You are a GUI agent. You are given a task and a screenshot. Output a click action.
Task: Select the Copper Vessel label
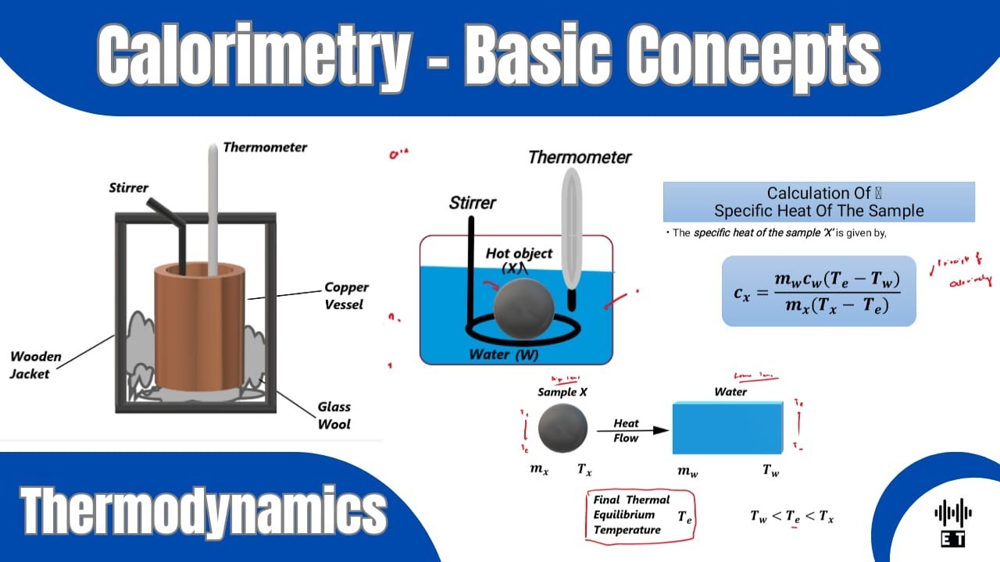(346, 296)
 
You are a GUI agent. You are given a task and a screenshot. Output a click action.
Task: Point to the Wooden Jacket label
(35, 365)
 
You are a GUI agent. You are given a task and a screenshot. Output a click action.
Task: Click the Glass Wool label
(334, 415)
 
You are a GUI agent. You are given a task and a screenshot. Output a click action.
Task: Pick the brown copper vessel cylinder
(200, 328)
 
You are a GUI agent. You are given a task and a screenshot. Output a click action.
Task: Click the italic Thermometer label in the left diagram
(265, 147)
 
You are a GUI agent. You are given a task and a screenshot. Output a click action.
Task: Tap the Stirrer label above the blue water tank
(472, 203)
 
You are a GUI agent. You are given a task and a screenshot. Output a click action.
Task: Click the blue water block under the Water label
(727, 428)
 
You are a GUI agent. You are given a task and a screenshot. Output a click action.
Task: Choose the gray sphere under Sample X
(562, 429)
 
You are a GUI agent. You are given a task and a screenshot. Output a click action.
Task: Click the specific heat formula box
(818, 291)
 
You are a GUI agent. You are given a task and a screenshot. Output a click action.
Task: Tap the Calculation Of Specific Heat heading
(818, 202)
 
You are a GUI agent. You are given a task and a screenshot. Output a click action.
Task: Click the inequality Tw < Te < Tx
(791, 516)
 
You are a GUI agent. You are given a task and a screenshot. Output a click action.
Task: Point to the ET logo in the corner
(953, 522)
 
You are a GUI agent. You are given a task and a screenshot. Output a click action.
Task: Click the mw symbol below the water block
(687, 471)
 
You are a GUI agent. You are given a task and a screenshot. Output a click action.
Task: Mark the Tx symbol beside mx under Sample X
(584, 470)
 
